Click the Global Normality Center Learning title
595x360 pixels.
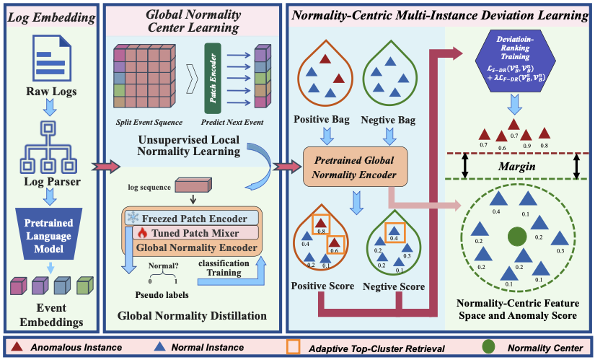(193, 21)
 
